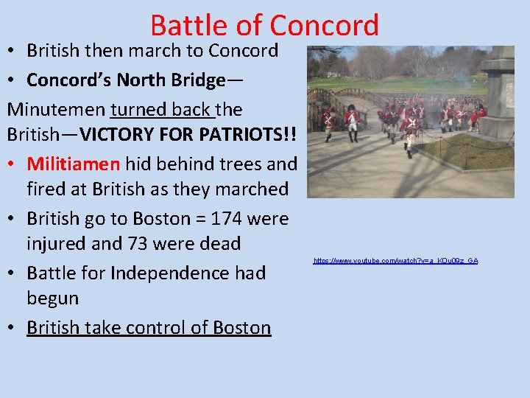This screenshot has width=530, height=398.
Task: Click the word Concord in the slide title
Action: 324,26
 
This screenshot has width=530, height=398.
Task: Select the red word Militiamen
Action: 74,164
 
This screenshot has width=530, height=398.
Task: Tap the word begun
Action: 52,298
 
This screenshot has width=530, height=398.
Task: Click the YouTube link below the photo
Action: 395,261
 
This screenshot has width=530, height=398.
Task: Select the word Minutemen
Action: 56,110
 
